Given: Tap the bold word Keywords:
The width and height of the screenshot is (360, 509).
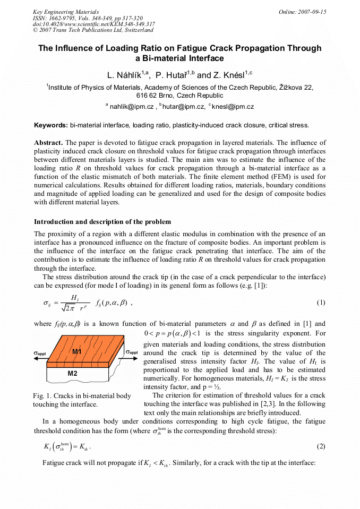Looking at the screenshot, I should click(50, 125).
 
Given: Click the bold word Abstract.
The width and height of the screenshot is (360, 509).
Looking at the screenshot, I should click(48, 143).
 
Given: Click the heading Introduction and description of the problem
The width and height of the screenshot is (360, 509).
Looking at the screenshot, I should click(102, 221).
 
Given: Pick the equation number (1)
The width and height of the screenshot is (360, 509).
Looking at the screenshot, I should click(321, 303).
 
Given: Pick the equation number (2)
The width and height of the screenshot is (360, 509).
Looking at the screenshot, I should click(321, 446).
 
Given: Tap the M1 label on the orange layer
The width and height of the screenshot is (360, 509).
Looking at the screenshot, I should click(77, 352).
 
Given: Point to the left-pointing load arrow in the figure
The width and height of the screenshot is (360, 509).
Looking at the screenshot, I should click(40, 358).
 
